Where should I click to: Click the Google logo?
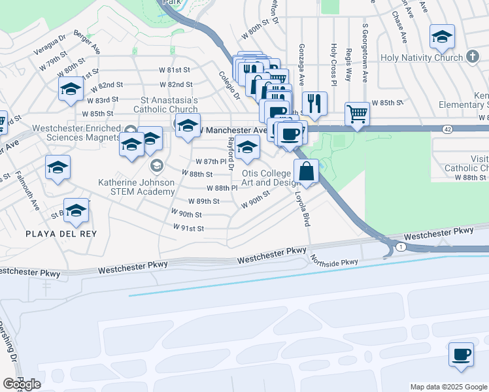point(22,384)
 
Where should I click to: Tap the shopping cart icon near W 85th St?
point(357,114)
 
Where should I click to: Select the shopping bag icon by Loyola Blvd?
point(306,172)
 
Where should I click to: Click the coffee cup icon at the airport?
point(461,354)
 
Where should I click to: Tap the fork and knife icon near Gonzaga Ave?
point(314,104)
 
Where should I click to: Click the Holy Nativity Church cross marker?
point(472,57)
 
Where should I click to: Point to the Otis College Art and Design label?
point(266,178)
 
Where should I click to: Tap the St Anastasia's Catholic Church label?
point(166,105)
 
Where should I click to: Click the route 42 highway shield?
point(447,131)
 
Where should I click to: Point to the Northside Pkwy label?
point(334,260)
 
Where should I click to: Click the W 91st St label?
point(189,228)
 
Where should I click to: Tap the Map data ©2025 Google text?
point(448,387)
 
